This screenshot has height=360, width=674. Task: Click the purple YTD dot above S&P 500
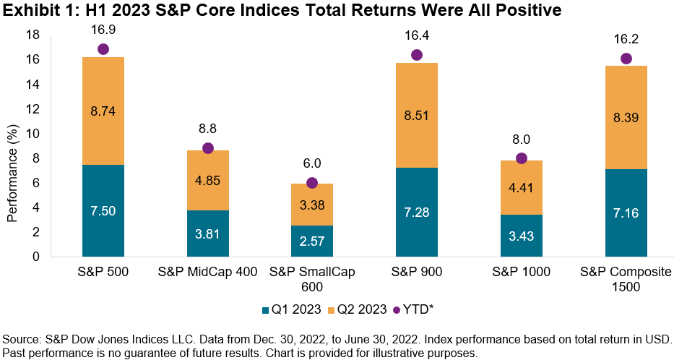103,49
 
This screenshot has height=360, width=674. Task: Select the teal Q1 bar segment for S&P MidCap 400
207,233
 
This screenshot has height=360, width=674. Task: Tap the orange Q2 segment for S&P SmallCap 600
311,205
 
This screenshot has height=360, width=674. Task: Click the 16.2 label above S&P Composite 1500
626,39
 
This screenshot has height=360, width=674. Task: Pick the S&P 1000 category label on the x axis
521,273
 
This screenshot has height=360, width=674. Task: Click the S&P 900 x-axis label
416,273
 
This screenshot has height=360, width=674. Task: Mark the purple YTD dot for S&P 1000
522,158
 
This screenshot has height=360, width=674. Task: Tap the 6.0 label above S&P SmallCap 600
311,164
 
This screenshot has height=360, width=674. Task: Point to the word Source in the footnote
21,339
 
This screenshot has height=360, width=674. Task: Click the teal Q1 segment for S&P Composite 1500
626,213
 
